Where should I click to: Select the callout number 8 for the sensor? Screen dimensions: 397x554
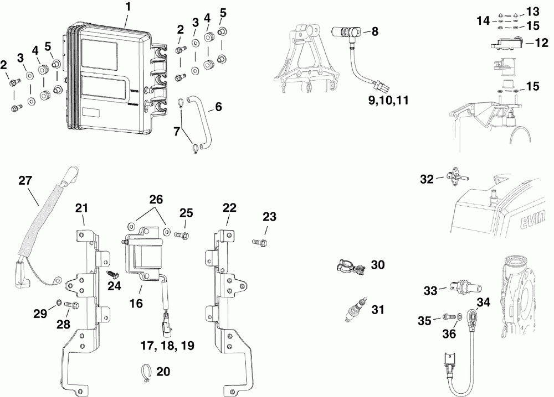coord(375,32)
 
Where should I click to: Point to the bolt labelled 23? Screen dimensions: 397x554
coord(260,242)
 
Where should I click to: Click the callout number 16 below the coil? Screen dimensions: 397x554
coord(136,303)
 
